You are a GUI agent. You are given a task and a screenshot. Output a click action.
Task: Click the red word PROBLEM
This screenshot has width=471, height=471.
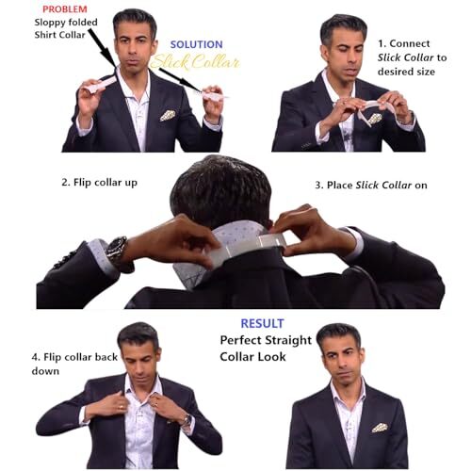65,9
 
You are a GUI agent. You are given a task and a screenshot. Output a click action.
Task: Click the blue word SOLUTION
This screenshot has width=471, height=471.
196,44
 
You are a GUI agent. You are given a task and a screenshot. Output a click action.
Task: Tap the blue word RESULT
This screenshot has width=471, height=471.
262,322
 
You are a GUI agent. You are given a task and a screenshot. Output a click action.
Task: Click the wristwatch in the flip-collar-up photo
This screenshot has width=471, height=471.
117,252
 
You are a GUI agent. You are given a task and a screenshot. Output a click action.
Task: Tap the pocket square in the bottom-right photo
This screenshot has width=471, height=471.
379,427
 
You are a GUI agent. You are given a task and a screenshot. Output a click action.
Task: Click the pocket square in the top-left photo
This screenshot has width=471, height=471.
168,115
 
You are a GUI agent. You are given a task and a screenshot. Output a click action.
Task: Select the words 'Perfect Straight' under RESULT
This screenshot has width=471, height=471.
262,340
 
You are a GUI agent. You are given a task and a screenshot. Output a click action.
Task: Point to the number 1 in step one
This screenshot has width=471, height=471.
381,43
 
